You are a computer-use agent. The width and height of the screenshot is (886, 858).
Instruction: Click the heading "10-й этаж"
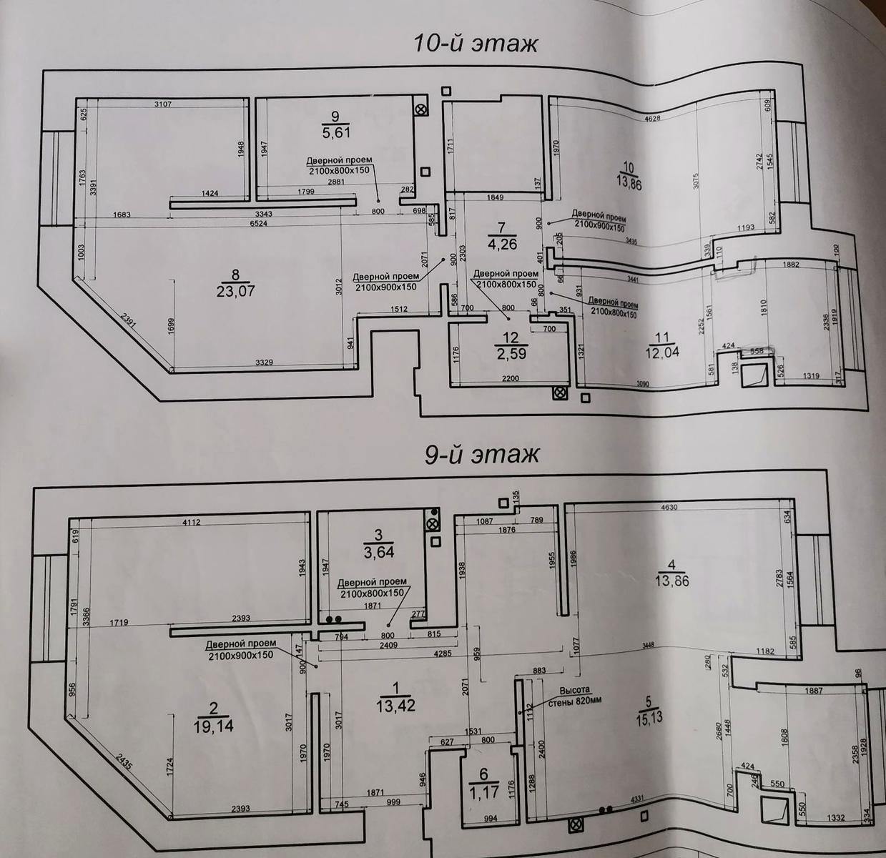(475, 44)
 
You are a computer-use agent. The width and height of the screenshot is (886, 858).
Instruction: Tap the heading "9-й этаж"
(481, 454)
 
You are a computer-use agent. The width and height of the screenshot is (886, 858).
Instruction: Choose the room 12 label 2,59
(511, 345)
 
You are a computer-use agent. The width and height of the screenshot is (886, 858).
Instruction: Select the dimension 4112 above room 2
(192, 523)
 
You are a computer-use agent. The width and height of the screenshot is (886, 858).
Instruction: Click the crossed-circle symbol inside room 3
(432, 525)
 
